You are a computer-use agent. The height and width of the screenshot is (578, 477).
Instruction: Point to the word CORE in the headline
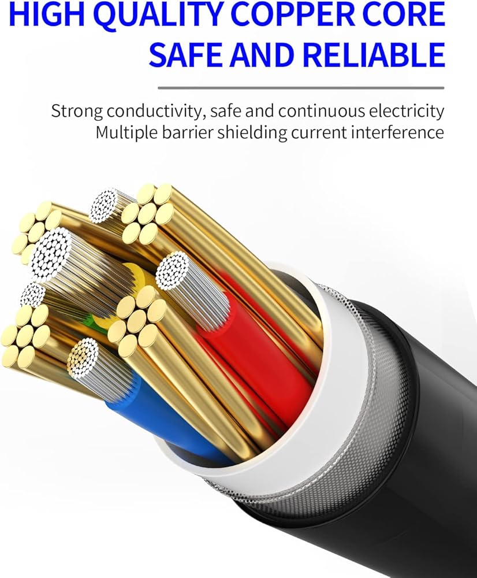[407, 16]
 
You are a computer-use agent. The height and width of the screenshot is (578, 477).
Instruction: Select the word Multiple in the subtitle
[123, 132]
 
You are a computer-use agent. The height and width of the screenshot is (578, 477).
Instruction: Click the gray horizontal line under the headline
[301, 88]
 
